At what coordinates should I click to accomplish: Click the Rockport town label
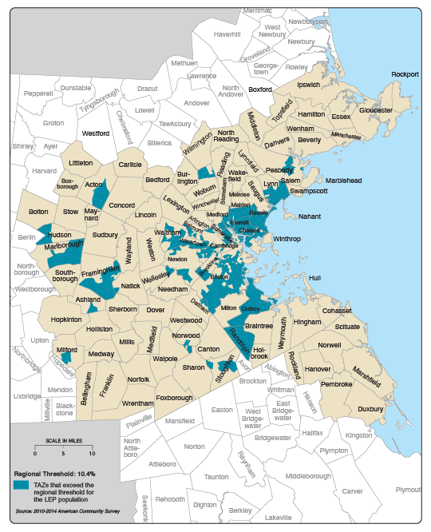click(x=405, y=74)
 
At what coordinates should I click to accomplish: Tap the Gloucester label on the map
click(x=375, y=110)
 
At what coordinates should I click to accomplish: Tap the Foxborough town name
click(x=175, y=397)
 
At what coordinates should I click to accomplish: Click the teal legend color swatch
click(x=21, y=486)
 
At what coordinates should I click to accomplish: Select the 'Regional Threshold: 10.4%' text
click(x=54, y=474)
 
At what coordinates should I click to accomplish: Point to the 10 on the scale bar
click(x=91, y=455)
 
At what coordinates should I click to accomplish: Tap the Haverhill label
click(x=227, y=35)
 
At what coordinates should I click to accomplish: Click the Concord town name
click(x=121, y=205)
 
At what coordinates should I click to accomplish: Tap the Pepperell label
click(x=38, y=93)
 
